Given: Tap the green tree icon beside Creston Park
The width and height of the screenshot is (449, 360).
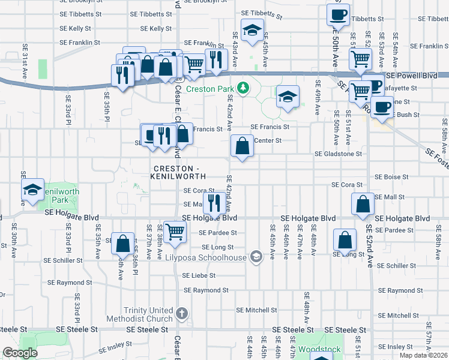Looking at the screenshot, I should (x=243, y=89).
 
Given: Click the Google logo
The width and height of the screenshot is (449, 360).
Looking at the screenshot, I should (x=20, y=353).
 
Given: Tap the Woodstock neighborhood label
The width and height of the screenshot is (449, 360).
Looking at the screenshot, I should (x=319, y=349).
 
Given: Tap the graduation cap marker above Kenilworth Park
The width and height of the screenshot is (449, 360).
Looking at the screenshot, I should (x=32, y=190).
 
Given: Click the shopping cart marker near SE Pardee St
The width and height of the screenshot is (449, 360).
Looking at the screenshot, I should (x=175, y=230).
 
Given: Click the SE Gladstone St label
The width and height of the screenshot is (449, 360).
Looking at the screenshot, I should (x=339, y=154).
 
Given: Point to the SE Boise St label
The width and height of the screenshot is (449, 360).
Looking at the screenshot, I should (x=391, y=177).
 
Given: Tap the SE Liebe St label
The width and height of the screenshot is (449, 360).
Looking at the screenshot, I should (x=198, y=275).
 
